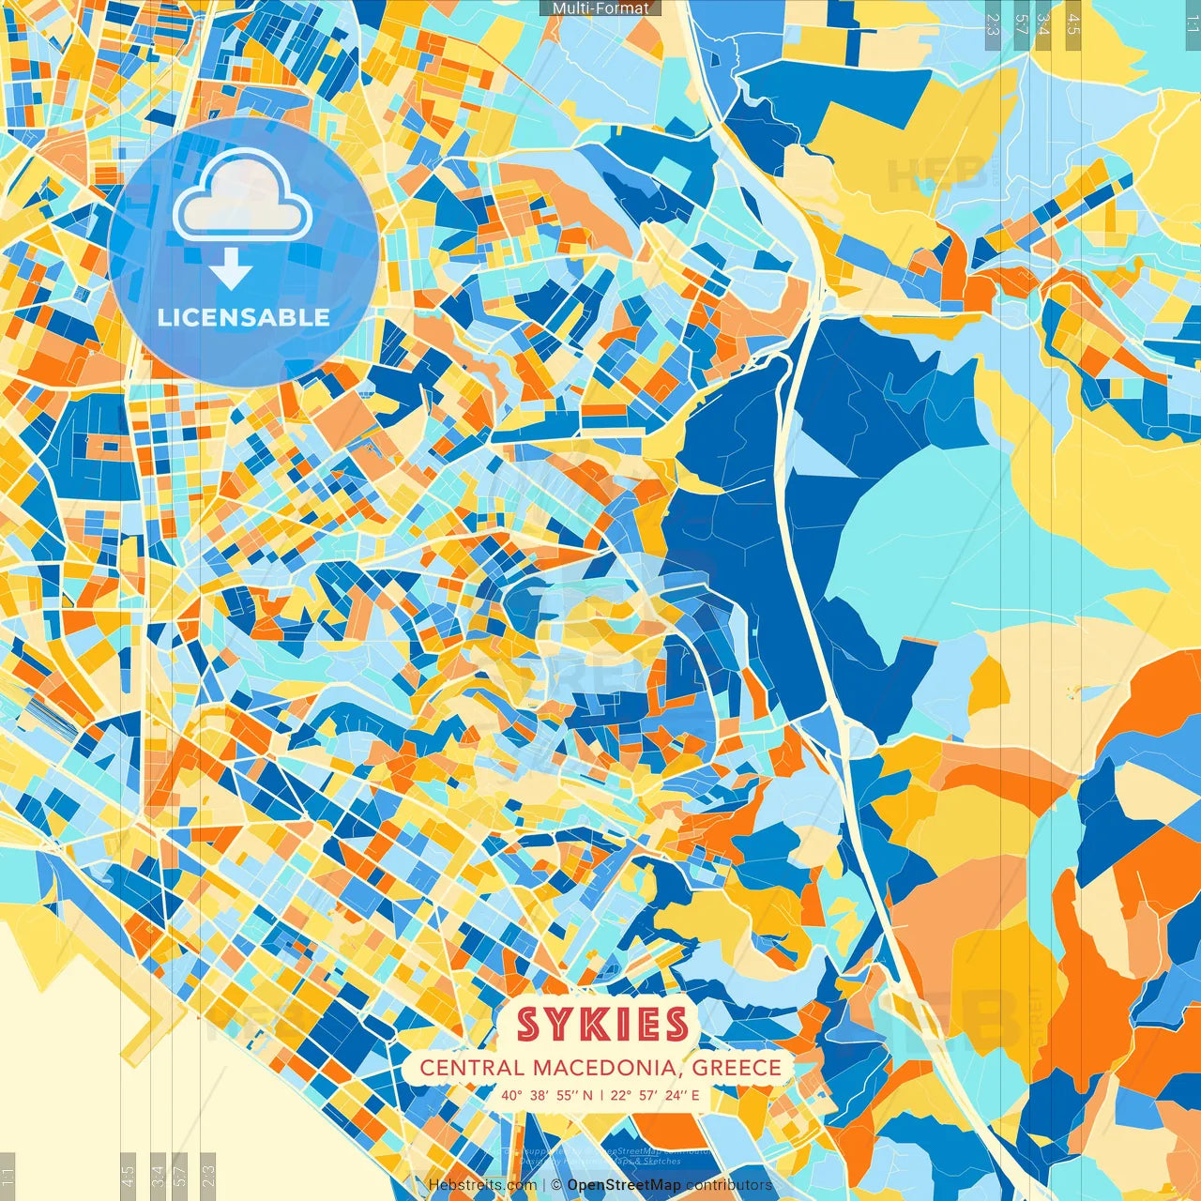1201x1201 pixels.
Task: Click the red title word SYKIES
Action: tap(601, 1025)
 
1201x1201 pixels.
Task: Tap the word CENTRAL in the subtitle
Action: tap(472, 1068)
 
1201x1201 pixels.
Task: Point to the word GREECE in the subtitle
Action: tap(738, 1068)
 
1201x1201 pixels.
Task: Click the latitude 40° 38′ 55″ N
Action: tap(547, 1095)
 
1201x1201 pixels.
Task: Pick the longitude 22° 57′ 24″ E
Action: tap(655, 1095)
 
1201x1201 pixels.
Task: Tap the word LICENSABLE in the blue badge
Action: tap(244, 317)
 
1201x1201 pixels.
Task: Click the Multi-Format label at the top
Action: tap(600, 8)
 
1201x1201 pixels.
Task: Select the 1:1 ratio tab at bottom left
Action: tap(8, 1175)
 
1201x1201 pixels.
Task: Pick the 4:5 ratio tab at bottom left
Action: tap(129, 1175)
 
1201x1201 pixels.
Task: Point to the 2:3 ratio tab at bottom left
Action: tap(208, 1175)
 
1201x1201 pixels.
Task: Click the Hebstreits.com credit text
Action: tap(482, 1185)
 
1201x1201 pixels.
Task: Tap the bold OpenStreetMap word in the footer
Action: tap(624, 1185)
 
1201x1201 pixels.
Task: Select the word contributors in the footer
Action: tap(729, 1185)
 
